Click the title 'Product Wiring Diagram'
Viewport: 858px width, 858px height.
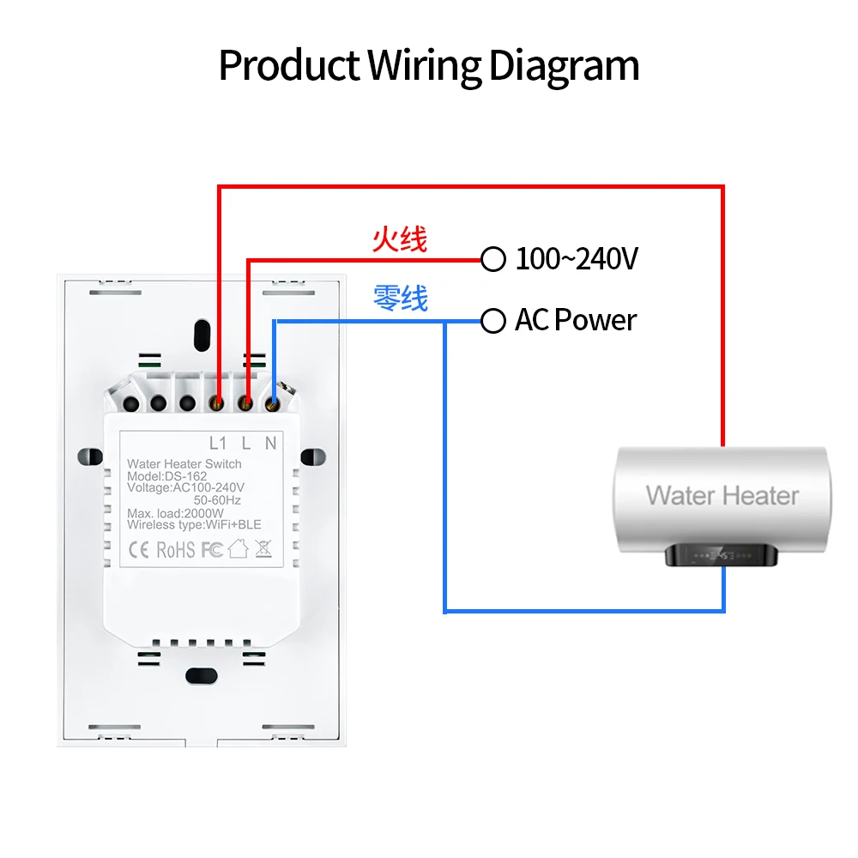[429, 66]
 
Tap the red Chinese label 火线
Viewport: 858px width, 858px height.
[399, 239]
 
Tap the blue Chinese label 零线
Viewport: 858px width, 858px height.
[400, 299]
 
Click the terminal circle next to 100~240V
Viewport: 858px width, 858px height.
[493, 259]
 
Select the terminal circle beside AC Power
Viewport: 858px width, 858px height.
[493, 322]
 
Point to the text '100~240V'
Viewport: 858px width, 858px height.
[577, 259]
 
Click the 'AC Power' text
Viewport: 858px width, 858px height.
[576, 321]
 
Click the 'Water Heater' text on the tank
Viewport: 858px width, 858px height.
[722, 495]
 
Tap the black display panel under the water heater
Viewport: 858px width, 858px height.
[722, 555]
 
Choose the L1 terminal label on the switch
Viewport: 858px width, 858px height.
[218, 444]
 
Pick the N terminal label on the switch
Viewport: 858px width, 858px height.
[270, 444]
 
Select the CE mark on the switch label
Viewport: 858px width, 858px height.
[139, 549]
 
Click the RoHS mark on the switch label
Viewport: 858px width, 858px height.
[175, 549]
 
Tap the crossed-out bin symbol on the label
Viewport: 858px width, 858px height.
[263, 548]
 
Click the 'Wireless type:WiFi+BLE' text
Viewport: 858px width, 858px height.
[194, 525]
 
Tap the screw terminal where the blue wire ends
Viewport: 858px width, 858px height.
[272, 401]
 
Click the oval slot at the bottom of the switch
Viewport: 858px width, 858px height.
[201, 675]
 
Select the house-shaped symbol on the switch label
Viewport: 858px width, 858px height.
[238, 548]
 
